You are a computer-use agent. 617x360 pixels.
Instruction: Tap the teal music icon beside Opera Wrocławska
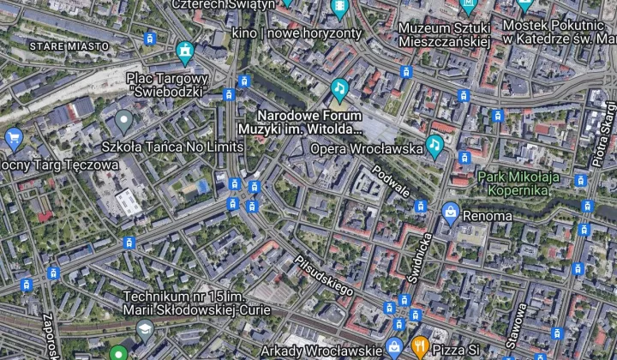(x=434, y=146)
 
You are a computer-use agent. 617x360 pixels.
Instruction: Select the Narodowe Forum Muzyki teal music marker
(x=340, y=88)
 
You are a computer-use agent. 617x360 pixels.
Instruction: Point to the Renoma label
(x=488, y=216)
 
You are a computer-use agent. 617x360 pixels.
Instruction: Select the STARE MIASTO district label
(x=69, y=45)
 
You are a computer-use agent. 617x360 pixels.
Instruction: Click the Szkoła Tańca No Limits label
(x=172, y=147)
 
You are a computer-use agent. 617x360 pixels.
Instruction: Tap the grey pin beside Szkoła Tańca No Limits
(x=124, y=123)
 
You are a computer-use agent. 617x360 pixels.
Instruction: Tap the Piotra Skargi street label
(x=602, y=133)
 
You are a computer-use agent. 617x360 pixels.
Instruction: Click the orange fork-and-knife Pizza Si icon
(x=419, y=347)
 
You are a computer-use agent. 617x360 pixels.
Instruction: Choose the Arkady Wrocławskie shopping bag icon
(x=394, y=347)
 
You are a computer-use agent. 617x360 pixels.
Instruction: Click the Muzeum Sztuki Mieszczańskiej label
(x=444, y=33)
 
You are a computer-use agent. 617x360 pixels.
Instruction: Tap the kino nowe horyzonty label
(x=297, y=33)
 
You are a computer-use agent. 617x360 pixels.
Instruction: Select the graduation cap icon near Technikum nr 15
(x=146, y=329)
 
